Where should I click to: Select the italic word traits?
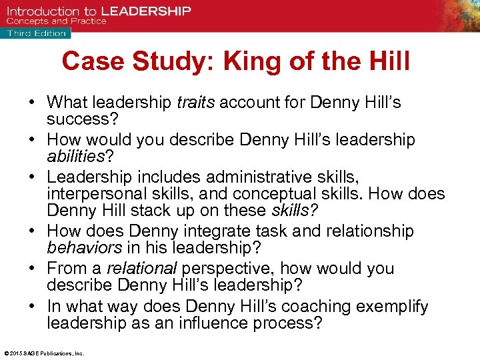[196, 102]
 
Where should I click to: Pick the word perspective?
[229, 269]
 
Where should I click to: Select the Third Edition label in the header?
[37, 33]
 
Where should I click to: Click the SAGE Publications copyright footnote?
[44, 353]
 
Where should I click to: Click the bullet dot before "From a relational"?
[32, 269]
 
